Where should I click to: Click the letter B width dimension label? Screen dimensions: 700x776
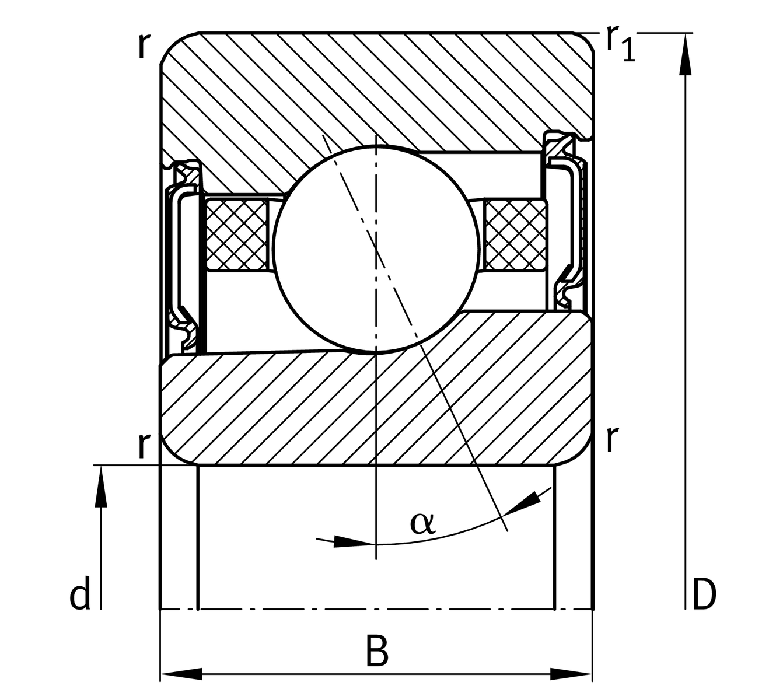(x=377, y=652)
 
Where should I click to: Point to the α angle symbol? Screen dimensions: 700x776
(x=422, y=522)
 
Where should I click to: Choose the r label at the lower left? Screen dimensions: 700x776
(x=144, y=445)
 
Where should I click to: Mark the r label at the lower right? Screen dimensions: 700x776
(x=611, y=439)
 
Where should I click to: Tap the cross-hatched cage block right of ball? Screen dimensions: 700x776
(x=515, y=235)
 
